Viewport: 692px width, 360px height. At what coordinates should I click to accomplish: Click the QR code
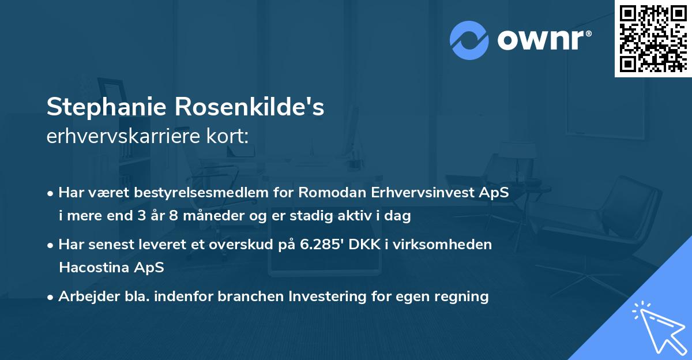click(x=653, y=39)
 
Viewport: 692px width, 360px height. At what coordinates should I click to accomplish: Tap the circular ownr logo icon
click(x=469, y=40)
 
